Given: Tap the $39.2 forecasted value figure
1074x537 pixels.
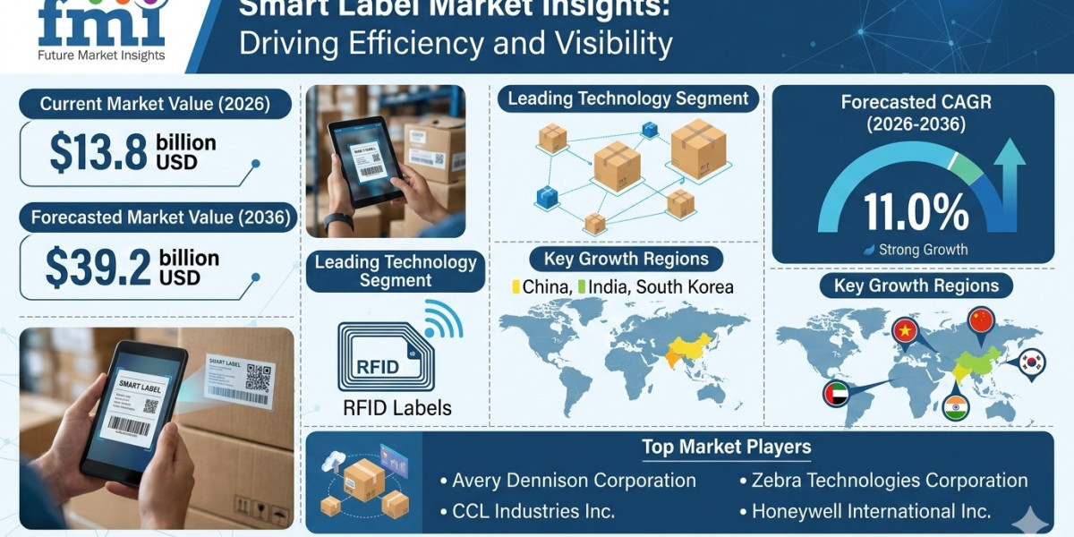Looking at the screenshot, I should [x=98, y=268].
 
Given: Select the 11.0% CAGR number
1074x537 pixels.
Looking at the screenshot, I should [x=916, y=212].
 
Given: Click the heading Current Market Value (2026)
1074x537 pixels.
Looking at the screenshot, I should [x=155, y=104].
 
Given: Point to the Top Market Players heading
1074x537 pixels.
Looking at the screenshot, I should [x=726, y=447].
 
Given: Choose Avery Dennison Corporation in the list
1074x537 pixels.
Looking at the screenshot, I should [x=574, y=481].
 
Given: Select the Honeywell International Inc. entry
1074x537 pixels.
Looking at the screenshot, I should [x=870, y=511].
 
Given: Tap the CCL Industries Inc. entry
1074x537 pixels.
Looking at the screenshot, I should [x=533, y=511].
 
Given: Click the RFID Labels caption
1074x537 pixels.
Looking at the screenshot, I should [x=397, y=408].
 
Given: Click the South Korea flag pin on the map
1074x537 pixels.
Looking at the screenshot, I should [x=1031, y=362].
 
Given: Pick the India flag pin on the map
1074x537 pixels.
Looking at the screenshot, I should [x=956, y=406].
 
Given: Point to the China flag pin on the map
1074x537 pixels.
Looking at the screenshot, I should [x=981, y=320].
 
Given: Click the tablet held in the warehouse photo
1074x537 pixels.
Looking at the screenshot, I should [x=366, y=160].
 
